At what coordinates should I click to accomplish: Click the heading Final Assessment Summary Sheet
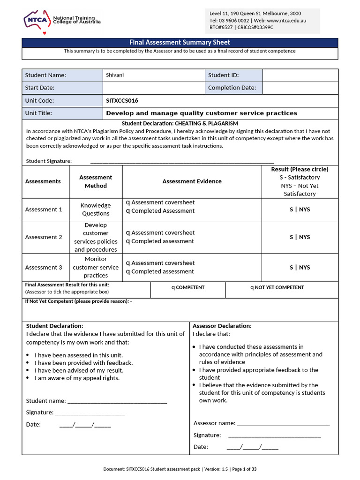click(x=180, y=43)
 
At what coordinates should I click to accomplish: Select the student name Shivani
click(x=115, y=75)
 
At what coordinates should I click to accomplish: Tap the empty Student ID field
click(x=300, y=75)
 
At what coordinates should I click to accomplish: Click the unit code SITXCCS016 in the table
click(x=122, y=100)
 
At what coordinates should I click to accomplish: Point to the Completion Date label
click(x=232, y=88)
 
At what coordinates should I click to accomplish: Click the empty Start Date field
click(x=153, y=88)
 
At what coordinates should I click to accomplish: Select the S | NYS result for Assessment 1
click(x=300, y=210)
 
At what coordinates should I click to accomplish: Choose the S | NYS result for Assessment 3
click(x=300, y=267)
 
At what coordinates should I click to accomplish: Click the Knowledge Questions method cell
click(x=96, y=210)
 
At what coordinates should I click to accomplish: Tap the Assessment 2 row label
click(x=44, y=237)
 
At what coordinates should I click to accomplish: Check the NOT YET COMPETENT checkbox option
click(x=252, y=288)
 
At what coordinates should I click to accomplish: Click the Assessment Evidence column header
click(x=192, y=181)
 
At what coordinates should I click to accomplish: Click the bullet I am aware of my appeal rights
click(x=77, y=378)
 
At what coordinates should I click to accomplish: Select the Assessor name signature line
click(x=283, y=423)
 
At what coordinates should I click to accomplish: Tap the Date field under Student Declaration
click(x=85, y=425)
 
